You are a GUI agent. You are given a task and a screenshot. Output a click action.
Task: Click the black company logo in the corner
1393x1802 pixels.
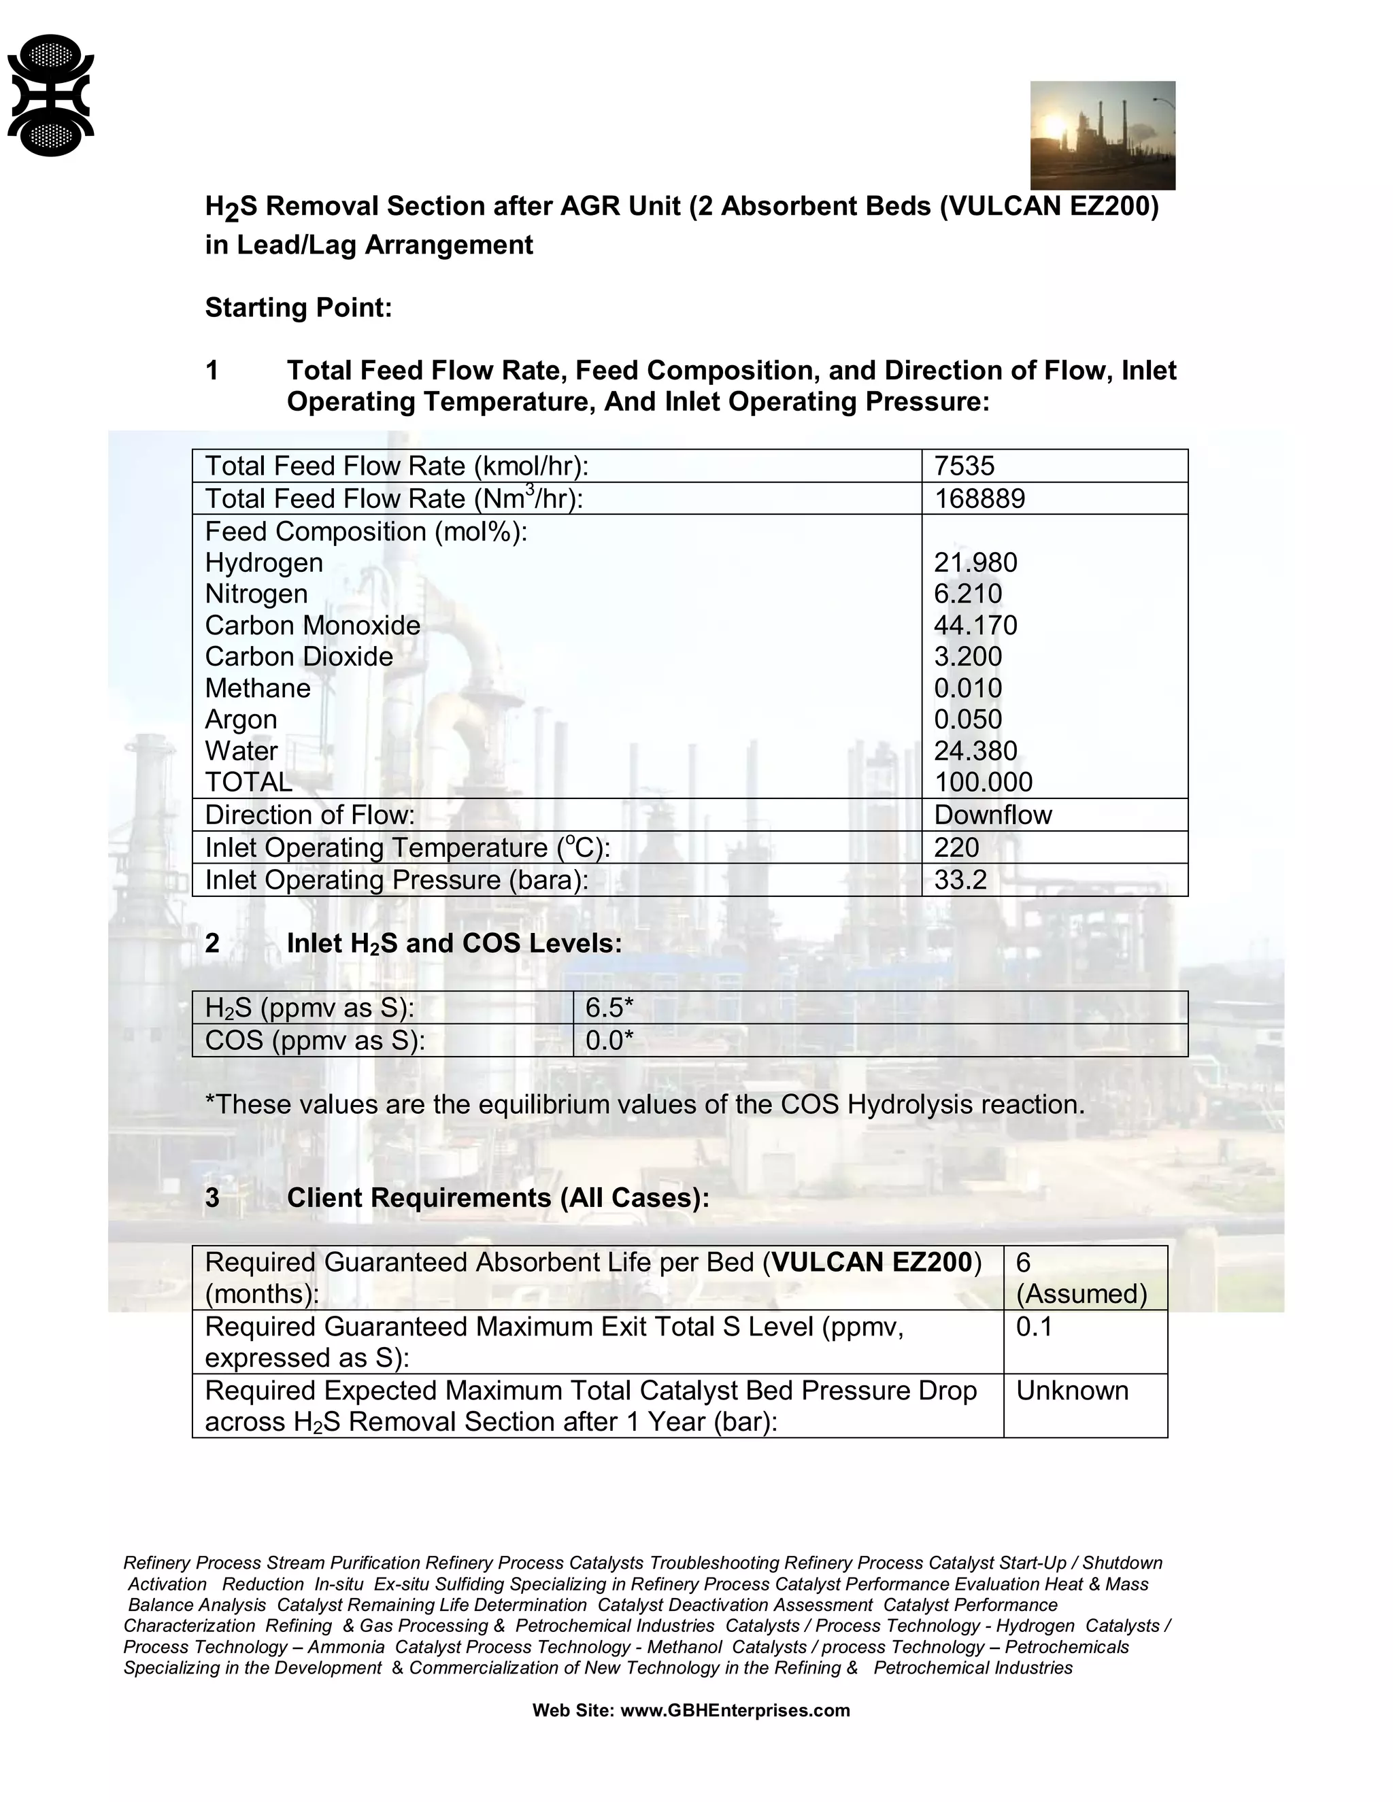(x=50, y=95)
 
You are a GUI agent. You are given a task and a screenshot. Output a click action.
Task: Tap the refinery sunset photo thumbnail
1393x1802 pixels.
(x=1102, y=135)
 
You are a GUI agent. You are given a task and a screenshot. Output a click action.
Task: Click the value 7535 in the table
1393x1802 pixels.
(x=964, y=466)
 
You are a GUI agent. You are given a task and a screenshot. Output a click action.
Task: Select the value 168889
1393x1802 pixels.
(x=979, y=498)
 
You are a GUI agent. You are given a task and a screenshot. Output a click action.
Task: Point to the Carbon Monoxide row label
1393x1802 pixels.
(x=312, y=626)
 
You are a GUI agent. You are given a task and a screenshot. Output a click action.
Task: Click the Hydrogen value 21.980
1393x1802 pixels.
(x=975, y=563)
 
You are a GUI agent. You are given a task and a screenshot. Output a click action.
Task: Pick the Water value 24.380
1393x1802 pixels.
(x=975, y=751)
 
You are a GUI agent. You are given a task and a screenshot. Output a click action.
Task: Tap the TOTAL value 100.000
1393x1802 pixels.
(x=982, y=782)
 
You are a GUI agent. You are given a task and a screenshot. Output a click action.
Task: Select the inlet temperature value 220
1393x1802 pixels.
(x=956, y=847)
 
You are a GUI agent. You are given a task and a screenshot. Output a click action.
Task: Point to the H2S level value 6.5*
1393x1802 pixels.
(x=609, y=1008)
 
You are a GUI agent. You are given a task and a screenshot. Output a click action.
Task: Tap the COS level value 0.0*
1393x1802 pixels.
(x=609, y=1040)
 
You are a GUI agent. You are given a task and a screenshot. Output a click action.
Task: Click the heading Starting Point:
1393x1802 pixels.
(x=298, y=308)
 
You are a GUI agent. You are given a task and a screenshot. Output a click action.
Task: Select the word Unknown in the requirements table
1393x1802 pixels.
(x=1071, y=1391)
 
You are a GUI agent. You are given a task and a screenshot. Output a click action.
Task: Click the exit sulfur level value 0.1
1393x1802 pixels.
(x=1033, y=1327)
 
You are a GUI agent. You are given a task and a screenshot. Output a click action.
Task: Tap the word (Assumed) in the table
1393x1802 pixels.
(x=1081, y=1294)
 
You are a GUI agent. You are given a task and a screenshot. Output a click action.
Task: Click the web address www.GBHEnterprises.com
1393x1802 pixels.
(x=735, y=1710)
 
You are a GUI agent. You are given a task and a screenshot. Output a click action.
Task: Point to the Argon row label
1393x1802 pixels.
(x=240, y=719)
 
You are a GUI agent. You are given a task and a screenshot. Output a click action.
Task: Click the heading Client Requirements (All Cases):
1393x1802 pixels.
(x=498, y=1197)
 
